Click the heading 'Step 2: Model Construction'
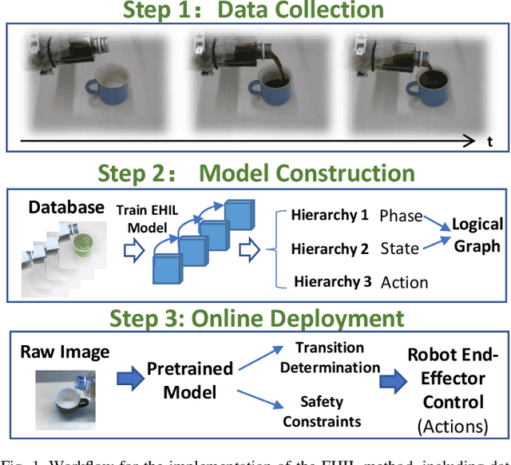[255, 173]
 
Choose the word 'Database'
[66, 207]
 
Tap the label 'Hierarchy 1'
[330, 216]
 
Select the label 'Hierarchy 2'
[330, 248]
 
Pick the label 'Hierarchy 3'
[333, 281]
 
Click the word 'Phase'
[402, 216]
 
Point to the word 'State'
[399, 248]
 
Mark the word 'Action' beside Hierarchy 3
[404, 282]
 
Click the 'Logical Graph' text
[477, 235]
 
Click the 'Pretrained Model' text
[189, 380]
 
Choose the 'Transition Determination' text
[330, 357]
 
